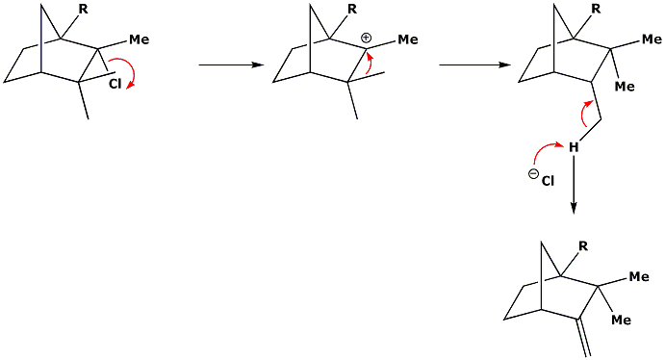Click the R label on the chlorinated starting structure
83,9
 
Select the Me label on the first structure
140,39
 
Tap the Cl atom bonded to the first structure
115,85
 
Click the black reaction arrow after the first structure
231,64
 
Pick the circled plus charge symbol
366,39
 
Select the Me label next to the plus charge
408,39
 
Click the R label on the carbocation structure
352,9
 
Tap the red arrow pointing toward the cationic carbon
371,63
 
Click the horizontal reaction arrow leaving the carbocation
474,64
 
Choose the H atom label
574,147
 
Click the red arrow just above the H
585,113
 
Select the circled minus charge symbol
533,174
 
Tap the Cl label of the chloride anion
548,182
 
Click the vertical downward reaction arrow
574,184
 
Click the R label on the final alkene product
583,246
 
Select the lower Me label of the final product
622,320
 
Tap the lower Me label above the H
625,87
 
